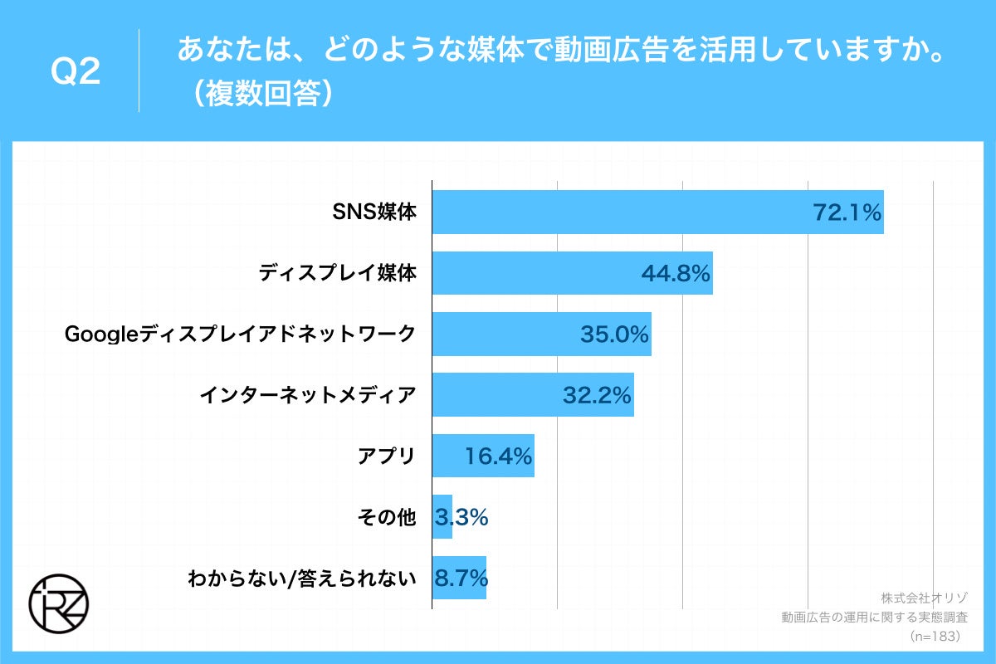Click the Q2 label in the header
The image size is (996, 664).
[x=76, y=73]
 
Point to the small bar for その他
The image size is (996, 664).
[x=442, y=517]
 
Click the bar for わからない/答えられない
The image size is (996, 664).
[x=459, y=578]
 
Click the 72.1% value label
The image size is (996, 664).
[x=846, y=213]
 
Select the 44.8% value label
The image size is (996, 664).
[x=676, y=274]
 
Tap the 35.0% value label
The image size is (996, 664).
[x=613, y=334]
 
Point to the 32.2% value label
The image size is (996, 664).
[x=597, y=396]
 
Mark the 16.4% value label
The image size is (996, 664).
[x=498, y=456]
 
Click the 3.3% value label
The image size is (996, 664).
[x=461, y=518]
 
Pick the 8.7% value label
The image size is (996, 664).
[x=460, y=579]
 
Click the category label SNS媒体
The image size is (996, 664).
[x=374, y=212]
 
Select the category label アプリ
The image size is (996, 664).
[x=386, y=456]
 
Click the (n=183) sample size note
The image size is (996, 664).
[x=935, y=636]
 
